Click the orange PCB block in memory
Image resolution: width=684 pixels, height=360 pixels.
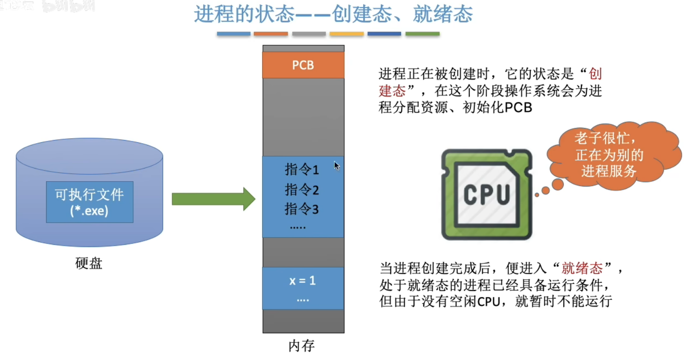coord(303,65)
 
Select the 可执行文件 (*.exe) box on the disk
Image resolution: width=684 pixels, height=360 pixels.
coord(89,202)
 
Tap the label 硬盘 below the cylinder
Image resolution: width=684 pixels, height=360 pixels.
coord(89,263)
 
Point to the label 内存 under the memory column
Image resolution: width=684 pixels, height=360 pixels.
coord(301,346)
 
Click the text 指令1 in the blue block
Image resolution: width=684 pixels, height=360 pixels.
coord(302,170)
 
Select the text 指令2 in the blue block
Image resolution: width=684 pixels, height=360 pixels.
coord(302,190)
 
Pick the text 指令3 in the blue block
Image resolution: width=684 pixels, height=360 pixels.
coord(302,209)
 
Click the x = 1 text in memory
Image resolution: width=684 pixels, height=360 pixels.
coord(303,281)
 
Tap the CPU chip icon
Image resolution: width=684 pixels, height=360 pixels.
coord(487,194)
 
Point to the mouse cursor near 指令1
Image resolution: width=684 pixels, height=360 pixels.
coord(337,166)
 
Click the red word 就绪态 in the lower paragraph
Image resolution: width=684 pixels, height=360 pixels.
coord(582,268)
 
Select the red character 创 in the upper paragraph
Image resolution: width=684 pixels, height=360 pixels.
coord(595,74)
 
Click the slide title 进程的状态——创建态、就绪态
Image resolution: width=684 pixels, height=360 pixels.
coord(333,14)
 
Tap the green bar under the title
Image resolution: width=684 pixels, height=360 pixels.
coord(422,34)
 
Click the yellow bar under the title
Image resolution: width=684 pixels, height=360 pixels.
coord(347,34)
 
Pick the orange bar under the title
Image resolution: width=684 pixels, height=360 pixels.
coord(271,34)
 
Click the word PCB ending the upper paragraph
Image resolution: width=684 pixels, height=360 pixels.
coord(518,108)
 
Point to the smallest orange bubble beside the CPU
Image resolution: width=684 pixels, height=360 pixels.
coord(537,195)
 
